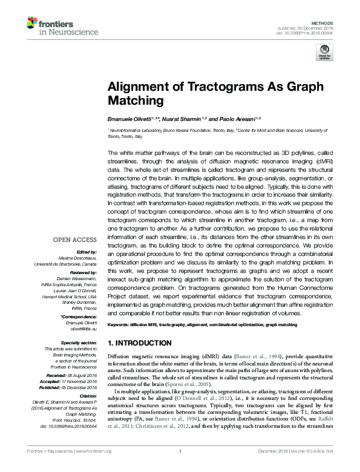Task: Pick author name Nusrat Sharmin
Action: (178, 119)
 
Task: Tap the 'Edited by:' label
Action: (87, 252)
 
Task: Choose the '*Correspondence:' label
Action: (79, 318)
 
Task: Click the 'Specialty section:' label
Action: (79, 343)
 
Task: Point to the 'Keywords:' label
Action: (119, 325)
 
